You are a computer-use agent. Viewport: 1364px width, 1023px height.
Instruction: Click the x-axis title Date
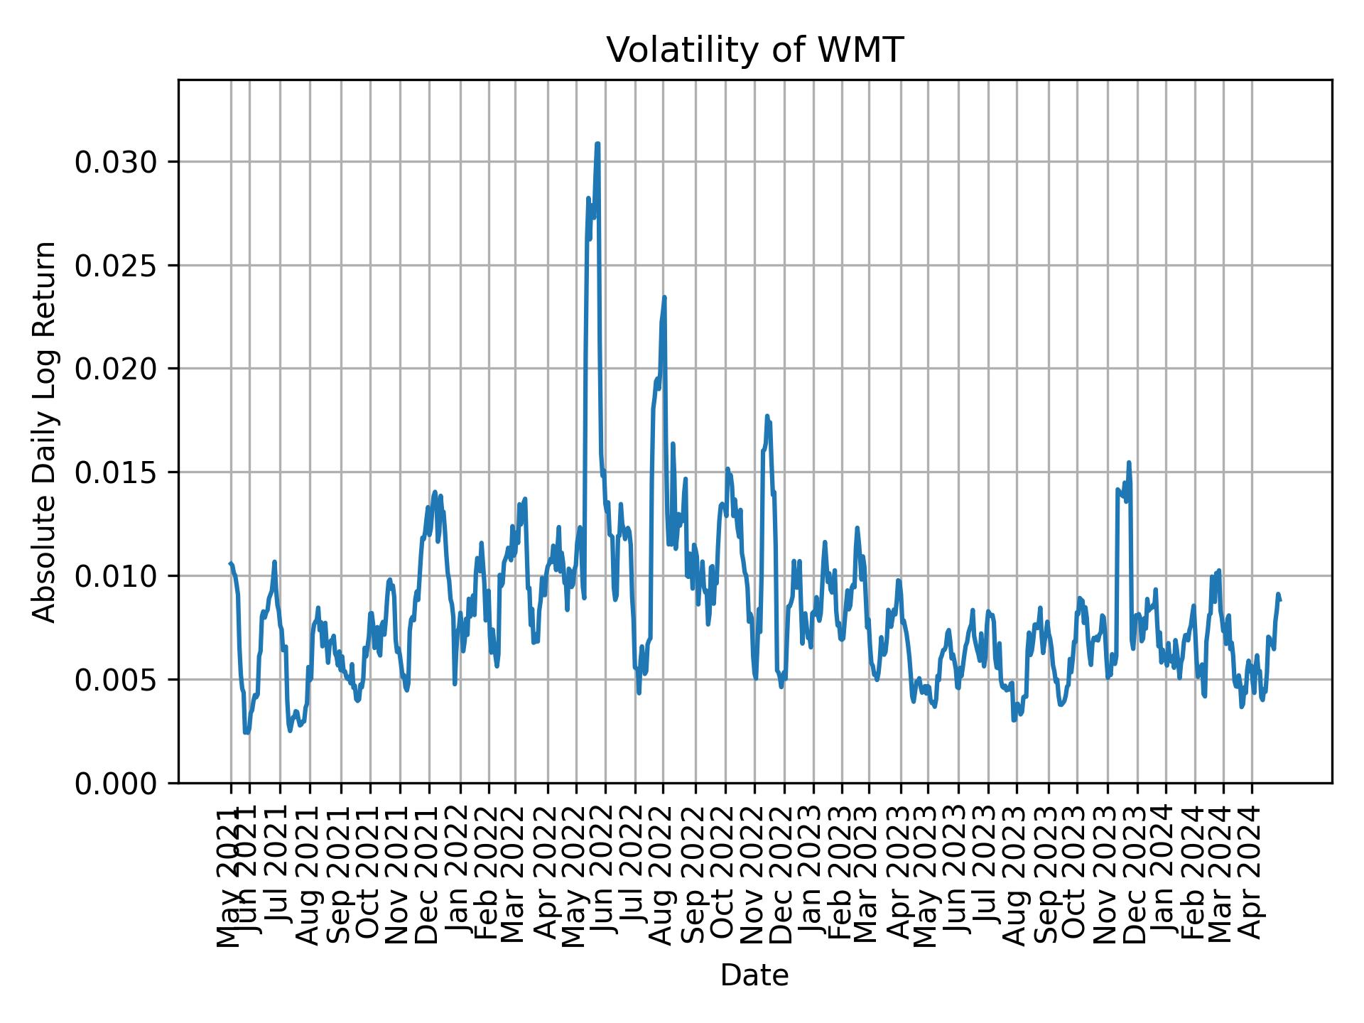click(x=754, y=975)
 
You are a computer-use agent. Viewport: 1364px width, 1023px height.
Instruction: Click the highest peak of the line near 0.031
click(x=597, y=144)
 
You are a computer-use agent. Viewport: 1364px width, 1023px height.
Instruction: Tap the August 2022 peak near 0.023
click(x=664, y=298)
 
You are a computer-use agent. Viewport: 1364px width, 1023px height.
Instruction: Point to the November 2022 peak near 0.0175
click(x=767, y=416)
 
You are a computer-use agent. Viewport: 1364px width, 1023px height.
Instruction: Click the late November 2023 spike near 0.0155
click(x=1129, y=462)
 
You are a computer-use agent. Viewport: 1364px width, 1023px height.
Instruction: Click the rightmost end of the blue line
click(x=1280, y=600)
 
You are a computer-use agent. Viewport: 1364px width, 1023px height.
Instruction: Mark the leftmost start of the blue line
click(x=230, y=563)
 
